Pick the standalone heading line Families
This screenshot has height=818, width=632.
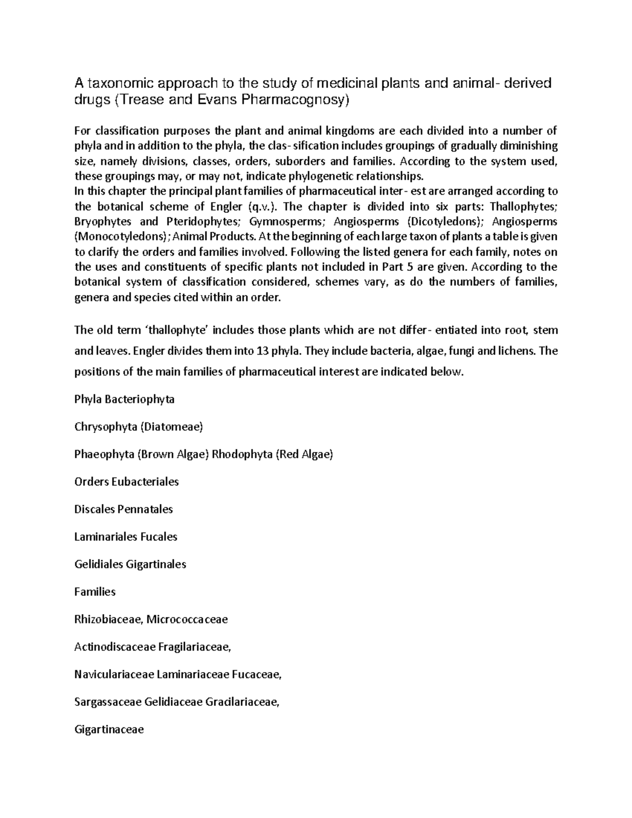[x=95, y=592]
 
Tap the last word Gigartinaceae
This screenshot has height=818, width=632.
[x=109, y=730]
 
